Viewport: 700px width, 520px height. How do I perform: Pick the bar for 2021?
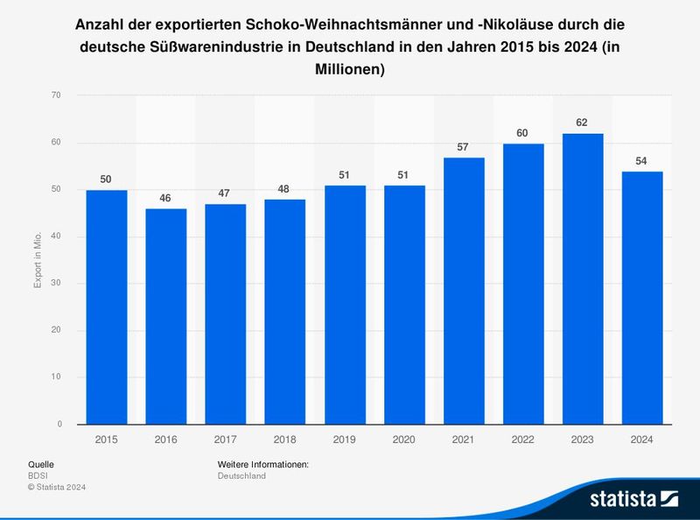click(x=463, y=291)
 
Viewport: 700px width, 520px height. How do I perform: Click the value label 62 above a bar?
click(x=582, y=123)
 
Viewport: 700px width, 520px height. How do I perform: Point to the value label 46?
click(x=165, y=198)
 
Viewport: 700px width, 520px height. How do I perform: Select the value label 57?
click(x=463, y=146)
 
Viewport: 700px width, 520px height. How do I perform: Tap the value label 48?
click(x=284, y=188)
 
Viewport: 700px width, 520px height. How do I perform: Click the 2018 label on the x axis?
click(x=284, y=439)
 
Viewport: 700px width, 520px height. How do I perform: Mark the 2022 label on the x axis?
click(x=522, y=439)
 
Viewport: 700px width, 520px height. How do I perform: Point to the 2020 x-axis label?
click(x=403, y=439)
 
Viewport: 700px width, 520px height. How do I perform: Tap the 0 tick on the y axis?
click(x=59, y=425)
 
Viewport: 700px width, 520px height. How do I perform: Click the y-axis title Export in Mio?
click(x=38, y=260)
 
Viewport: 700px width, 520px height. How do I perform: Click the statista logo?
click(x=634, y=499)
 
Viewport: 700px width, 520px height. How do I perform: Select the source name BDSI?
click(x=38, y=475)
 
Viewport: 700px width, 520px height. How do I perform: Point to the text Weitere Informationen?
click(x=262, y=464)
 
